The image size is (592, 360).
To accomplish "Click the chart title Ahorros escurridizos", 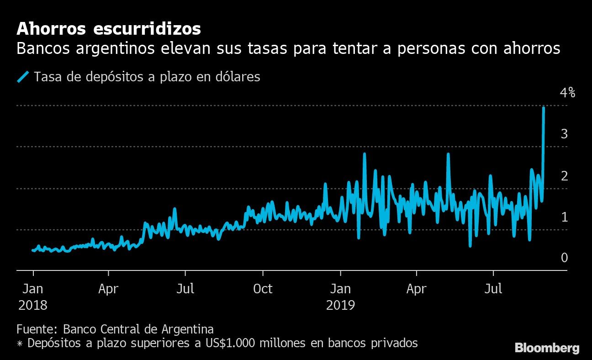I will [109, 29].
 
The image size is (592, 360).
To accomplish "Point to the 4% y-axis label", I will [567, 93].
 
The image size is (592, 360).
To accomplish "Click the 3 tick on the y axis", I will [565, 134].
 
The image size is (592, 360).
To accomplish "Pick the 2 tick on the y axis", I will [565, 175].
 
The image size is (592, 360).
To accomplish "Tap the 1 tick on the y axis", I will [565, 217].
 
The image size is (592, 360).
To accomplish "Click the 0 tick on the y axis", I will [565, 258].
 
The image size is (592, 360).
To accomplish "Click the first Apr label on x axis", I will [108, 289].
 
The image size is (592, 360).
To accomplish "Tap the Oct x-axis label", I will [263, 289].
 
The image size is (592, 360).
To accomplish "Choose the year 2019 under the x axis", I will [340, 305].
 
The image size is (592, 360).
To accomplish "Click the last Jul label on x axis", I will [493, 289].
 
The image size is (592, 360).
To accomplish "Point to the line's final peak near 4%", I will [544, 108].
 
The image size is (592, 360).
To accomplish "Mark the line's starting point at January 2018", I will [33, 250].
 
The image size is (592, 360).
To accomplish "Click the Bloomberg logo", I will [547, 348].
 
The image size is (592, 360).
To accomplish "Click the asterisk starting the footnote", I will [20, 343].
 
